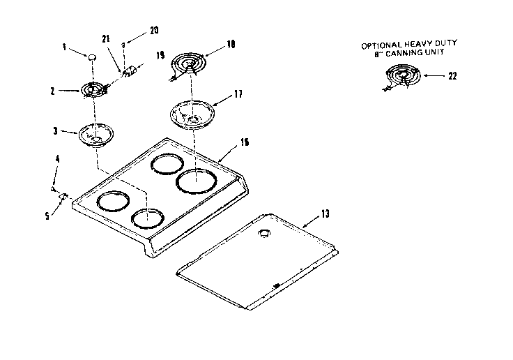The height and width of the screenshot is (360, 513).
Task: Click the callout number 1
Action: pos(64,48)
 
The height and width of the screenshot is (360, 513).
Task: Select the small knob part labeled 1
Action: pos(91,54)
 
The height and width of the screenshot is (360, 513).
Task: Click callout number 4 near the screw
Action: pos(57,159)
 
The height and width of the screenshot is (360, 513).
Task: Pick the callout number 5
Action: pos(47,216)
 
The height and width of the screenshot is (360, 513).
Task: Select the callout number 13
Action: pos(325,213)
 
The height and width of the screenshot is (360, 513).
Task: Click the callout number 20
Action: pos(154,30)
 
